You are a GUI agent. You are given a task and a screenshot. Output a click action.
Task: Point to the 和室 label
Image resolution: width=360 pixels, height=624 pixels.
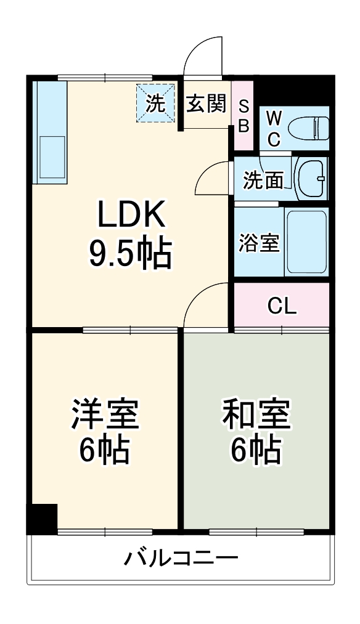(x=256, y=415)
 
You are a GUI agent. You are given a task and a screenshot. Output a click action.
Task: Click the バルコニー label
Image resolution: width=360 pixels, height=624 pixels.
(x=181, y=559)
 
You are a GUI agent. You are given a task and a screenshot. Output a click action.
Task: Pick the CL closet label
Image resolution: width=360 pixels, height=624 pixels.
(x=282, y=306)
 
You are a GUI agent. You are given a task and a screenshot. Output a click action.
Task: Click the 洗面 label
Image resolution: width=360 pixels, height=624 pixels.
(x=263, y=180)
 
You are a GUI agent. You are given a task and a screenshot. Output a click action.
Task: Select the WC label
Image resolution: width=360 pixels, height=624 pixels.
(x=274, y=128)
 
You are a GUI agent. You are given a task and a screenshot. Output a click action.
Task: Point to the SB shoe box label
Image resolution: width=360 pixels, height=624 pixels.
(x=243, y=116)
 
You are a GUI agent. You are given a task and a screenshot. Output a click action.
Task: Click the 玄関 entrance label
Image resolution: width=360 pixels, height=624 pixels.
(x=207, y=104)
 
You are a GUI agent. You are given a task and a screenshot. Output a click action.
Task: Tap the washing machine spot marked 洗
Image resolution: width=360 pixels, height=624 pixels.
(x=155, y=103)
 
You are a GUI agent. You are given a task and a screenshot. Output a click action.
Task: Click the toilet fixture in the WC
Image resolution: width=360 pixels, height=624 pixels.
(x=311, y=128)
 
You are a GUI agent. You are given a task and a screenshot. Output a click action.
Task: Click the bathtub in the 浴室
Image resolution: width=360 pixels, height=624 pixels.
(x=306, y=242)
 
